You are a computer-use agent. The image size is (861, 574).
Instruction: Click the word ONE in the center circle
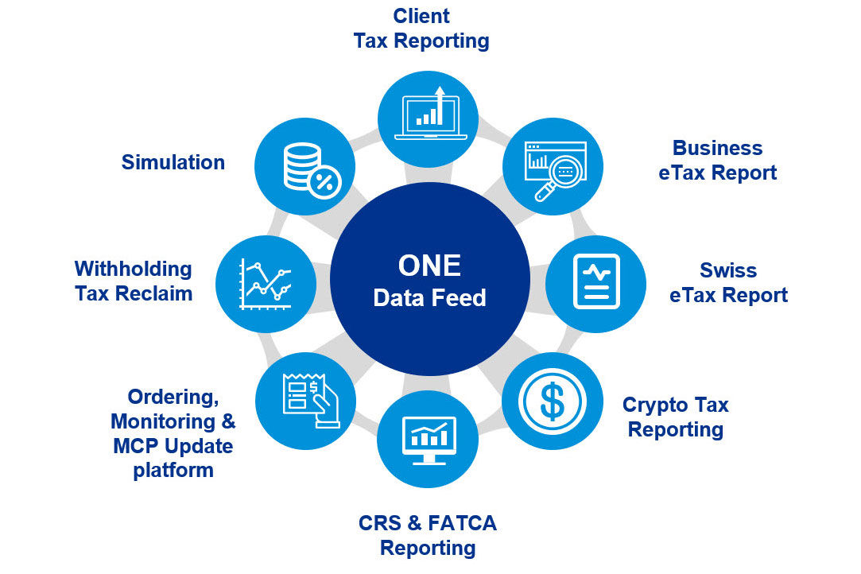coord(429,266)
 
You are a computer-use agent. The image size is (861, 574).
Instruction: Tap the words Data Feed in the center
coord(429,298)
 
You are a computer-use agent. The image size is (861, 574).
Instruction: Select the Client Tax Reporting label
coord(421,29)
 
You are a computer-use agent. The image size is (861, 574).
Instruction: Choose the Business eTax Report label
coord(717,160)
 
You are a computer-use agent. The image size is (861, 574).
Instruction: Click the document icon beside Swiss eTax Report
coord(595,282)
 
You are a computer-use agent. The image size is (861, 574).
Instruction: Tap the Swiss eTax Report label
coord(728,282)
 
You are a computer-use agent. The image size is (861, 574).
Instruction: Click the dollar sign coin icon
coord(553,401)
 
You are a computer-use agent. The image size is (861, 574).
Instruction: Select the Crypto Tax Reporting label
coord(676,417)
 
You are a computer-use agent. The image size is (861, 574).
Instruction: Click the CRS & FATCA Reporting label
coord(428,535)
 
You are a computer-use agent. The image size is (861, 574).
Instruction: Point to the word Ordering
coord(173,396)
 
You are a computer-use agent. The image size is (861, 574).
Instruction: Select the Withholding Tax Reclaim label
coord(134,281)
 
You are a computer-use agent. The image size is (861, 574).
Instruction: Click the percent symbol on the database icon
coord(324,183)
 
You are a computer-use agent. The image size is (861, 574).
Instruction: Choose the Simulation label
coord(173,162)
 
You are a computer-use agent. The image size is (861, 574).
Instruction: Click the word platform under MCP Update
coord(173,470)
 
